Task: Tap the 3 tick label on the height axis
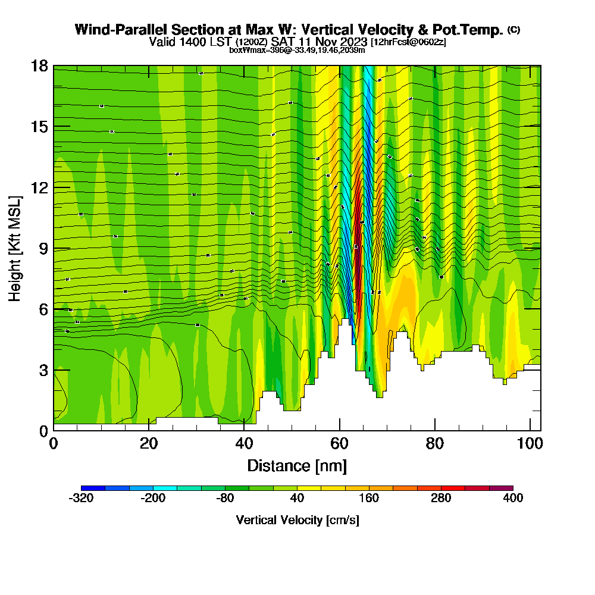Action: (43, 370)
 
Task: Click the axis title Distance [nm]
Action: (297, 465)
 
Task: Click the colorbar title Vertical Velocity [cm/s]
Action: (297, 520)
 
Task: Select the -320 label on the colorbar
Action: (81, 498)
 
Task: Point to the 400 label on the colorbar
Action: (513, 498)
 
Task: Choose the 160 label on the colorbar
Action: (369, 498)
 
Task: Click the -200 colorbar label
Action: (153, 498)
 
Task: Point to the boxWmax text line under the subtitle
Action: (297, 50)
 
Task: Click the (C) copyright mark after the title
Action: (513, 29)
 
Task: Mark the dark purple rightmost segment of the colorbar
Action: (501, 488)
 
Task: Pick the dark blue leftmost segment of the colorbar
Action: (93, 488)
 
